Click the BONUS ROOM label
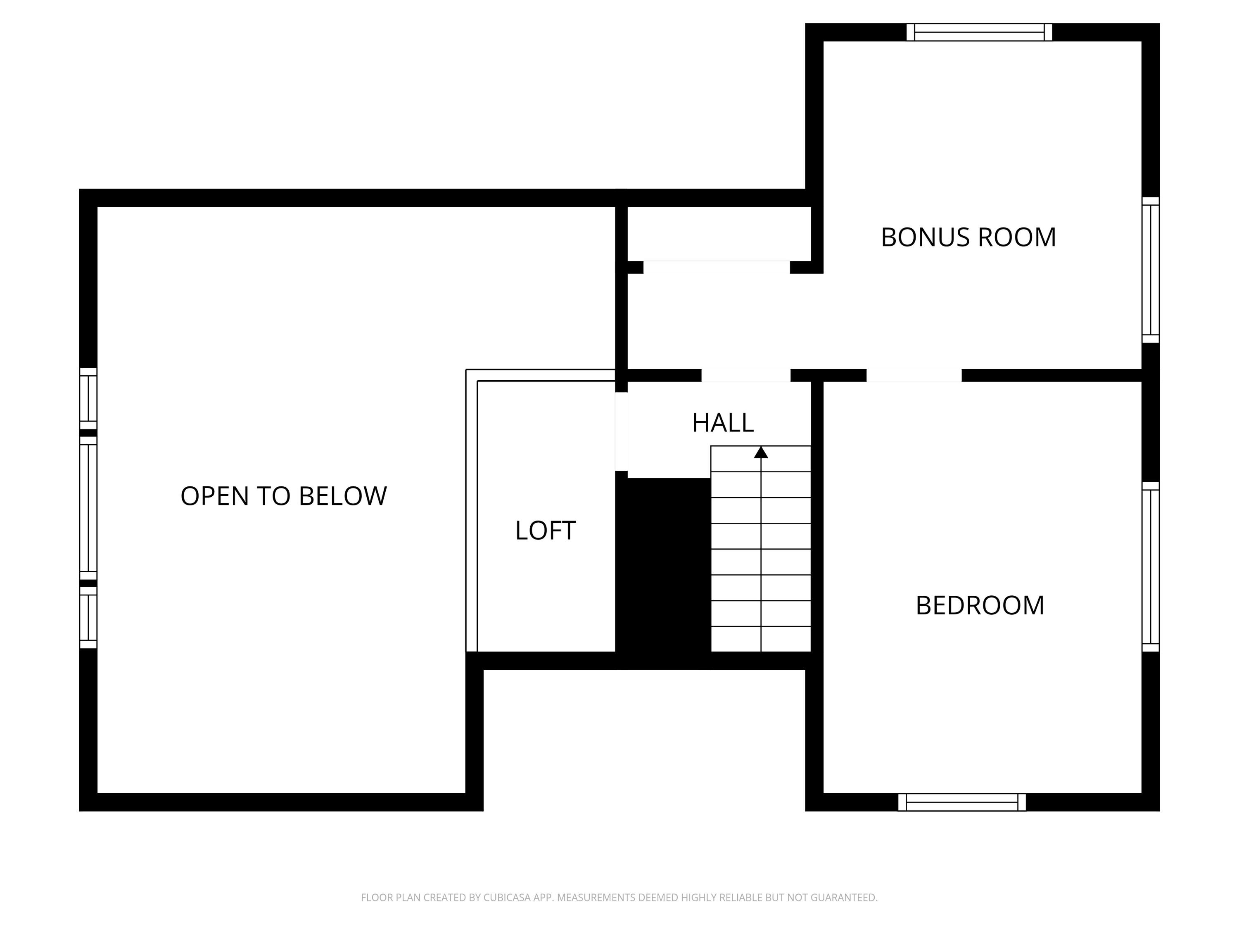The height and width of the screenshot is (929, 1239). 968,237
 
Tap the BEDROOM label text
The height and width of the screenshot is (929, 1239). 980,605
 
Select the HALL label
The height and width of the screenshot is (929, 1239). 723,423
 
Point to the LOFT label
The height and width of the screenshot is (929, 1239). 545,531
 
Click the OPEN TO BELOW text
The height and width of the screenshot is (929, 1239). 283,496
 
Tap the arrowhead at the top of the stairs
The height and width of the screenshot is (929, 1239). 761,453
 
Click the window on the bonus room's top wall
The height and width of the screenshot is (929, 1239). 979,33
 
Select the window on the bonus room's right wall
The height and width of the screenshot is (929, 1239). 1151,270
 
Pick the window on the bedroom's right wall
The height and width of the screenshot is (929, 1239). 1151,567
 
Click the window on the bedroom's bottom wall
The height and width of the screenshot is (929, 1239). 962,802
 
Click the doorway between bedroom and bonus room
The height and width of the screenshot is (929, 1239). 914,375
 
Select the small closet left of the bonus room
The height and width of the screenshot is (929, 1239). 719,233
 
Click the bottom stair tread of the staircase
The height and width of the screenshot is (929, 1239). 761,639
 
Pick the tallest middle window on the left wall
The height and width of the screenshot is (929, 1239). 88,508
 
